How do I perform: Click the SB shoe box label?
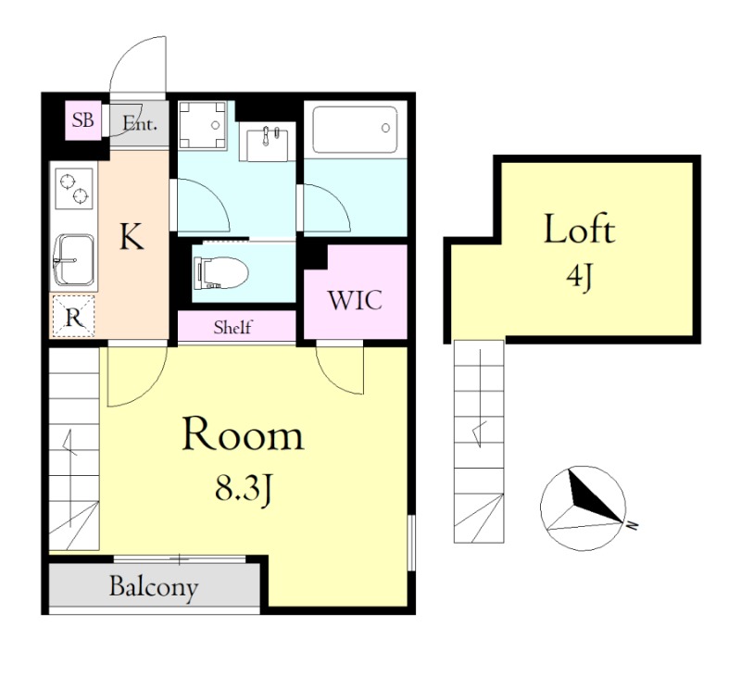tap(82, 120)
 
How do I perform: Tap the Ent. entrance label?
tap(140, 124)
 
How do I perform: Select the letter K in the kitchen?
tap(132, 237)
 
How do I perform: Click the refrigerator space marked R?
tap(73, 317)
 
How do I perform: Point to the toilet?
tap(220, 273)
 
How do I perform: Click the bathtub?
tap(355, 130)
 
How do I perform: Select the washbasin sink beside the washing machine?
tap(266, 142)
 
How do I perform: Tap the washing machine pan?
tap(203, 126)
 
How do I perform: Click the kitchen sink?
tap(74, 260)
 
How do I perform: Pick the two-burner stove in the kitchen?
tap(74, 189)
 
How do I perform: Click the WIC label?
tap(355, 300)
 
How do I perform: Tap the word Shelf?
tap(233, 327)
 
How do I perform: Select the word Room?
tap(243, 434)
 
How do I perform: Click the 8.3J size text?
tap(244, 488)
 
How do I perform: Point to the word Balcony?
tap(154, 587)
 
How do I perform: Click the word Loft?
tap(580, 230)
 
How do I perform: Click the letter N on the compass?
tap(632, 525)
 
